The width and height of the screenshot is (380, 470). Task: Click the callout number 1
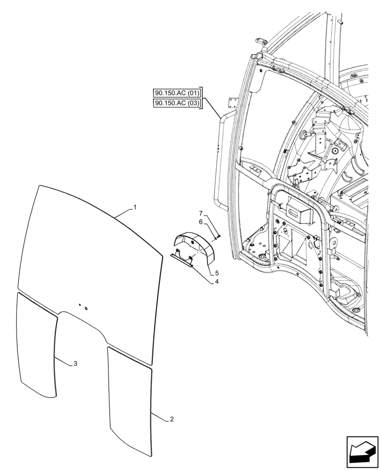click(135, 207)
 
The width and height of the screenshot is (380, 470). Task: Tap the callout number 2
click(172, 419)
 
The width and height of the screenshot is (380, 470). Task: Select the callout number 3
click(75, 364)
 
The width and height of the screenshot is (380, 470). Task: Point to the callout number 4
click(217, 282)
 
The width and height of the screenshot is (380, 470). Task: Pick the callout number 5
click(217, 273)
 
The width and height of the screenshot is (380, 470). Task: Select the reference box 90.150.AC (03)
click(177, 103)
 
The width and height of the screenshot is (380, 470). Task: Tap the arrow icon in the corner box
click(362, 452)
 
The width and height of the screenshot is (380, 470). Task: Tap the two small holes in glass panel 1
click(83, 306)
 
